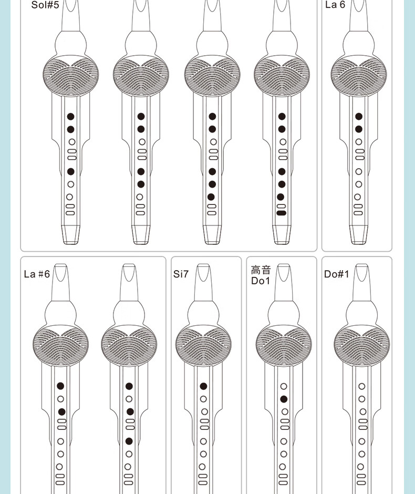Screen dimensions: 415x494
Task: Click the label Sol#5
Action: click(x=45, y=5)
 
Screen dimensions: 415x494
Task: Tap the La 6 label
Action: click(x=335, y=5)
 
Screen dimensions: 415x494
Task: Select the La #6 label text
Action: click(x=37, y=274)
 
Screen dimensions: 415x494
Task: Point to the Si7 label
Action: click(x=181, y=274)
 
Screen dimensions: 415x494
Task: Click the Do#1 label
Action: click(x=337, y=274)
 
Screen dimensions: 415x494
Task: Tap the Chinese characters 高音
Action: click(x=261, y=270)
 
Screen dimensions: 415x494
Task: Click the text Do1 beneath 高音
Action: click(x=261, y=281)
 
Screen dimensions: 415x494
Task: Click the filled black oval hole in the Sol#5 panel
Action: click(x=281, y=213)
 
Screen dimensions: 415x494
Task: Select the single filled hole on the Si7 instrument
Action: click(x=203, y=386)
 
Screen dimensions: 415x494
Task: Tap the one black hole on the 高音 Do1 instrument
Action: click(x=284, y=399)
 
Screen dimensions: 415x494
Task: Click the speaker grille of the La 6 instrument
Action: click(x=359, y=75)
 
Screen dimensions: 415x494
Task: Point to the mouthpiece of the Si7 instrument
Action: click(x=203, y=282)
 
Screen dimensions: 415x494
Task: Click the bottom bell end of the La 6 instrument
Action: click(x=359, y=234)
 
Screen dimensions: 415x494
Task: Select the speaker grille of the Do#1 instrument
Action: click(x=362, y=345)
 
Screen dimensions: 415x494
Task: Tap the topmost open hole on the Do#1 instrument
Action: click(x=362, y=386)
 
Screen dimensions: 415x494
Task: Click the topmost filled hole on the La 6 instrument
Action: click(x=359, y=117)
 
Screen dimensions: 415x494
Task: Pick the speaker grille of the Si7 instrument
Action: click(x=203, y=345)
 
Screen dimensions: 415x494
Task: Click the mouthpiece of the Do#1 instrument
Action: click(x=362, y=282)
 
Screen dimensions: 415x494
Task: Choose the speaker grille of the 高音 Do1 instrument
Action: click(x=284, y=345)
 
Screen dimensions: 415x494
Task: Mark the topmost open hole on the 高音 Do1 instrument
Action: click(x=284, y=386)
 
